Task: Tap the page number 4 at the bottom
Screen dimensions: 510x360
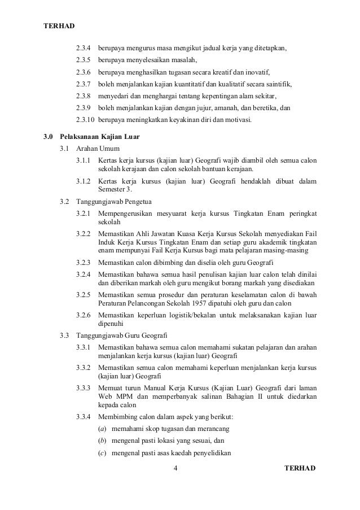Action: (176, 468)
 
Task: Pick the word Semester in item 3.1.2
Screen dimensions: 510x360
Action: (112, 189)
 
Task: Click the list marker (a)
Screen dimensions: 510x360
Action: (102, 428)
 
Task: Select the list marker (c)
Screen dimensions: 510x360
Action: (102, 454)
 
